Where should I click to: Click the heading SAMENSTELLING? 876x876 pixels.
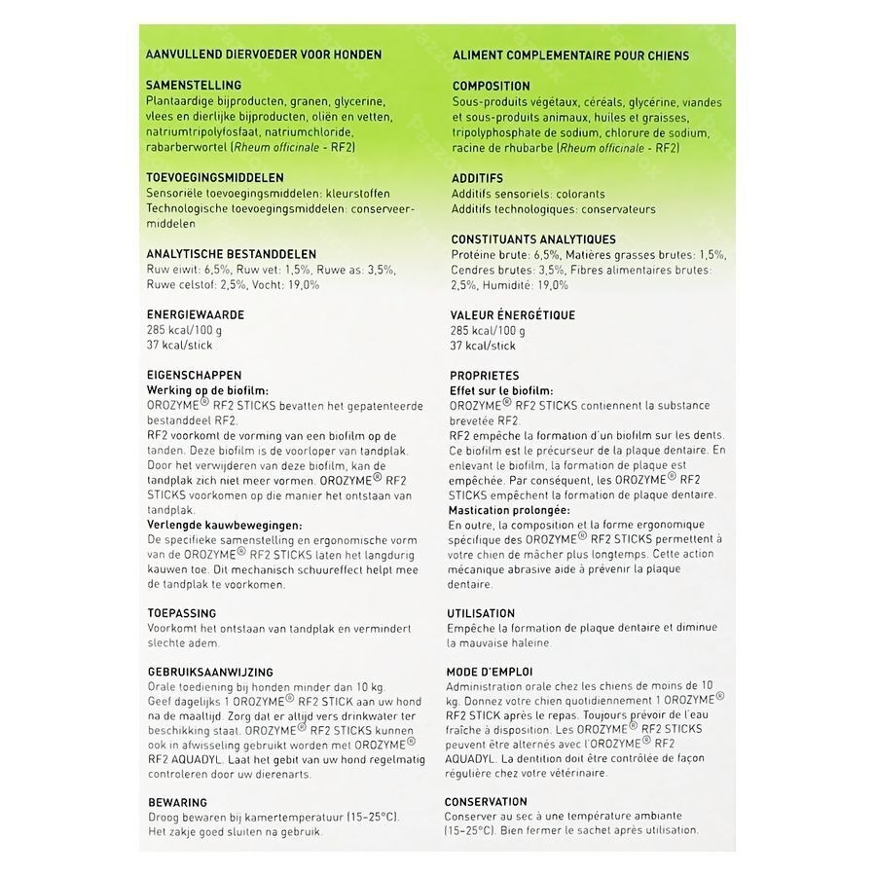(x=193, y=86)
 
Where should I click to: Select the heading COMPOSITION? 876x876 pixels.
(x=491, y=86)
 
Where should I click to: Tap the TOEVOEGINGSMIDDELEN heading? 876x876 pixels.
(x=213, y=178)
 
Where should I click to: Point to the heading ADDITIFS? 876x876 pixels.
(x=477, y=179)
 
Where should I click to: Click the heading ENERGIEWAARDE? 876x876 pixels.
(x=194, y=315)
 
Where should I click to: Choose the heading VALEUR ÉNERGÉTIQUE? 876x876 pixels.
(x=513, y=315)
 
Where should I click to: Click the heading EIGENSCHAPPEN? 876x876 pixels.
(x=193, y=375)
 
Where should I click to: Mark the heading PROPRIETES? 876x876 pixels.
(x=484, y=376)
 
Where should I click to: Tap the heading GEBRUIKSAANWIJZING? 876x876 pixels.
(x=208, y=672)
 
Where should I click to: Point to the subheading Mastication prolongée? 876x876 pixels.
(x=509, y=510)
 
